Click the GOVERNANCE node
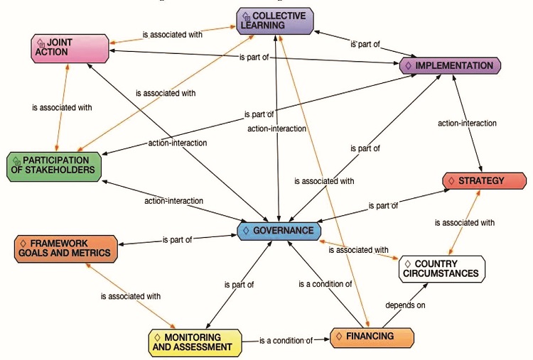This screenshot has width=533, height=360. point(279,231)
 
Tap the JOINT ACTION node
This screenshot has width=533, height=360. point(69,48)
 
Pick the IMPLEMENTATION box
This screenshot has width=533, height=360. point(450,66)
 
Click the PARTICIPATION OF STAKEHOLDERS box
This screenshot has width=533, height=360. point(53,165)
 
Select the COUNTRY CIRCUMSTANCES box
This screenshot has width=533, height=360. point(441,268)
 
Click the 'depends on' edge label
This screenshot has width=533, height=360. point(406,305)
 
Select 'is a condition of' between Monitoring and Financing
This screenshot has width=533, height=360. point(286,341)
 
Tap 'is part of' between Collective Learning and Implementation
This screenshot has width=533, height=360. point(365,44)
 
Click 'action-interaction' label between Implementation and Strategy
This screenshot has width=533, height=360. point(467,124)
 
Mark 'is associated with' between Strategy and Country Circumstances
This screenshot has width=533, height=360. point(464,223)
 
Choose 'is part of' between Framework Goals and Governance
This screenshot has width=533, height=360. point(177,240)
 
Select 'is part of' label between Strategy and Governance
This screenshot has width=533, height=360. point(383,206)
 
